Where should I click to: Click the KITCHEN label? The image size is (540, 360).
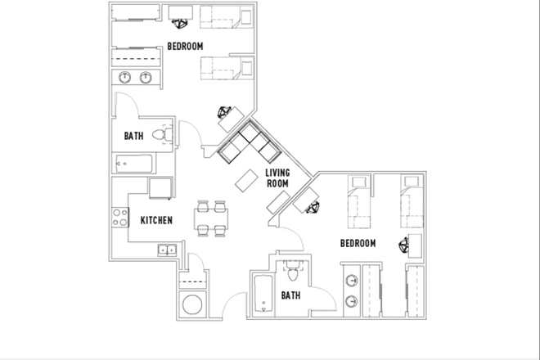point(155,221)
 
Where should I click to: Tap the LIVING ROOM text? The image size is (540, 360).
point(278,178)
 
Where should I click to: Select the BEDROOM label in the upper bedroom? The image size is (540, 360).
point(185,47)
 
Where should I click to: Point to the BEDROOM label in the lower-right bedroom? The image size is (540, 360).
point(358,244)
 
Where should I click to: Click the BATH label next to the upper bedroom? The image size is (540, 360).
point(135,136)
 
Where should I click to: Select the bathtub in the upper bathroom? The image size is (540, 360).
point(133,163)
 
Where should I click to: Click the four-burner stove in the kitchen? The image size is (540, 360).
point(119,218)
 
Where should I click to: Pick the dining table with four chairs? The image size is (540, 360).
point(209,218)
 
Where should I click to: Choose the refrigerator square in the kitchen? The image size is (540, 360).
point(160,187)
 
